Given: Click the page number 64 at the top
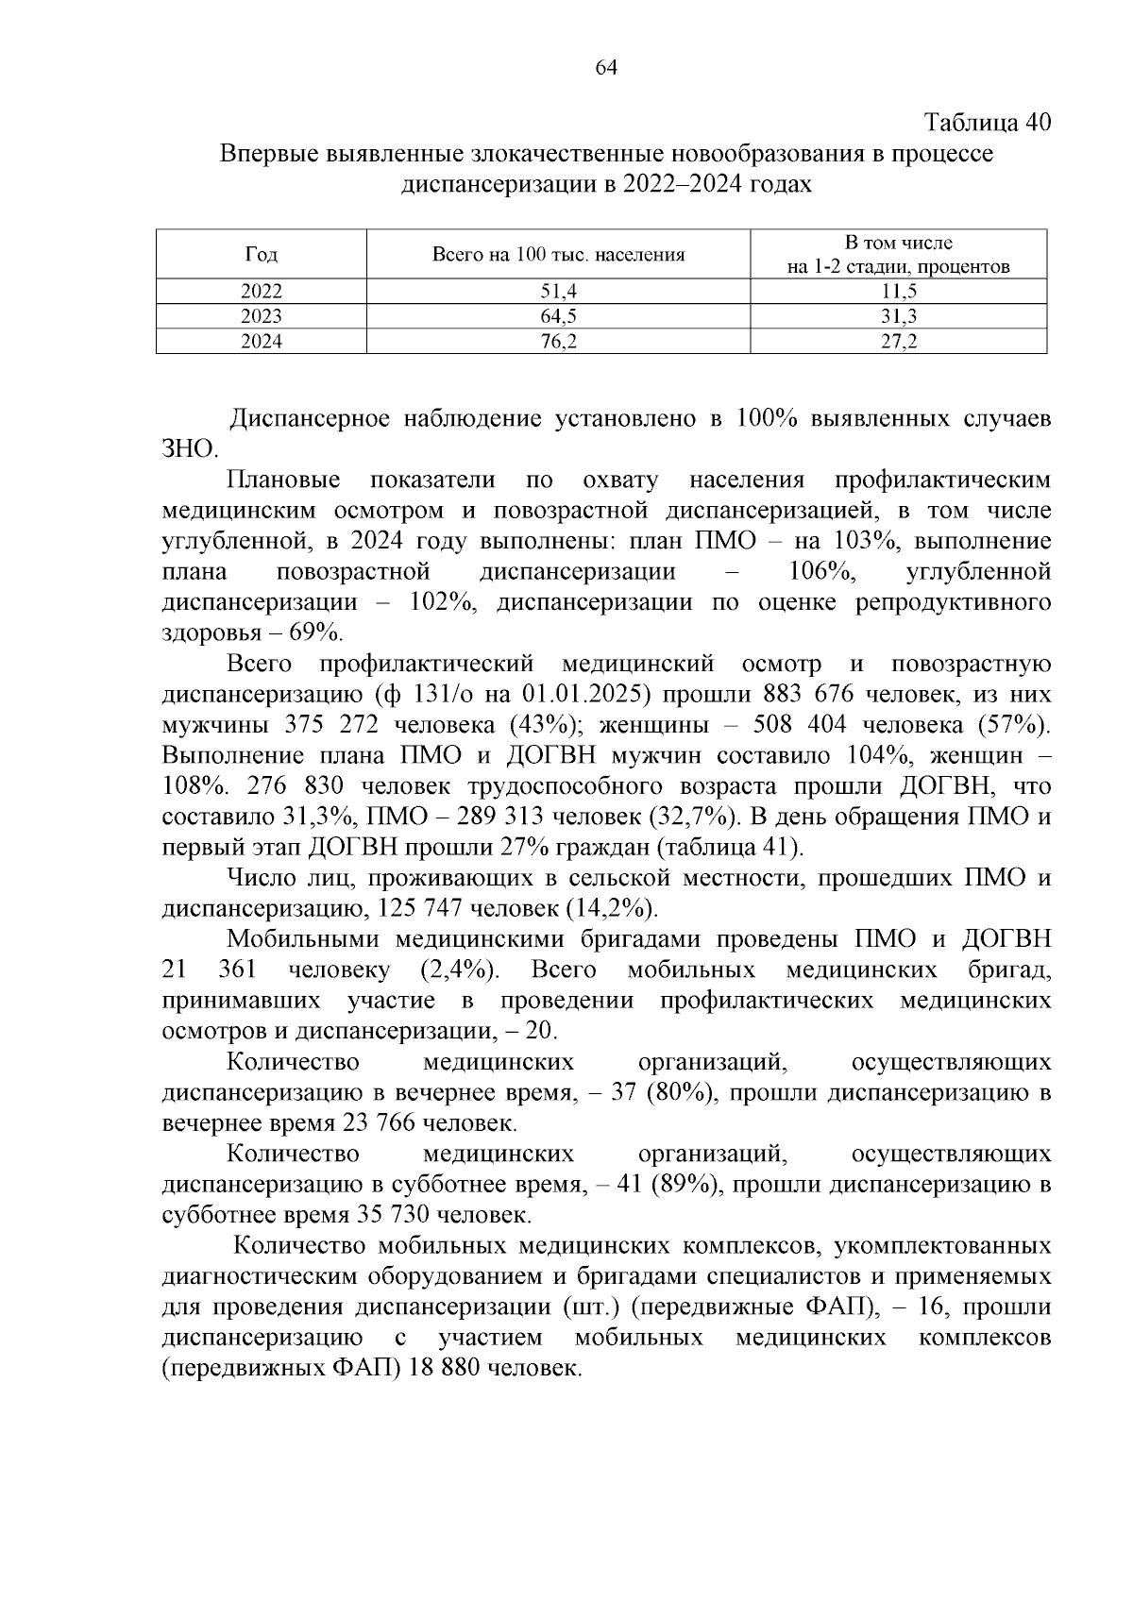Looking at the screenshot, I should coord(606,68).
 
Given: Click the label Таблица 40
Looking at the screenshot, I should coord(987,123).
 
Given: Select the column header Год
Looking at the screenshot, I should coord(261,255).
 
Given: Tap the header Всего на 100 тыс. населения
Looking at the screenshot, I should coord(557,255).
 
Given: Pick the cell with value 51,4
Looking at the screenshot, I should coord(558,292).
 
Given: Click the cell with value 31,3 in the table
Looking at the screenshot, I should coord(898,317).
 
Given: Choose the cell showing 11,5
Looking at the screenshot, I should coord(898,292).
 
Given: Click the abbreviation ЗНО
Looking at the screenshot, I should coord(189,449).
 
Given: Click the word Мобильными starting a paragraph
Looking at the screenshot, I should coord(302,939).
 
